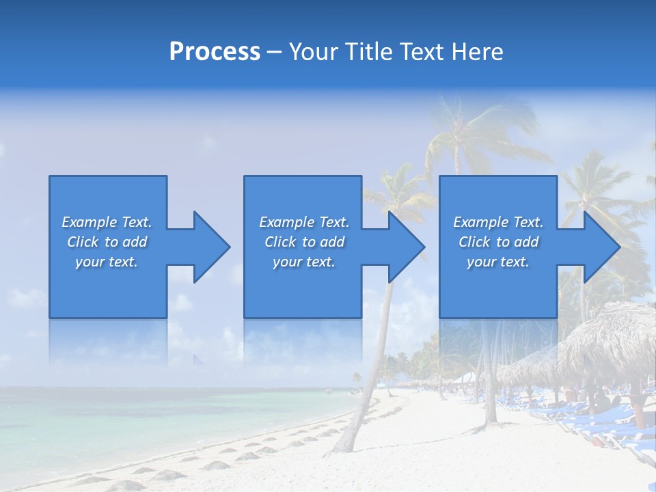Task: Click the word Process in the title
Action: pyautogui.click(x=215, y=52)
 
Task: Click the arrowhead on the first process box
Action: pyautogui.click(x=208, y=247)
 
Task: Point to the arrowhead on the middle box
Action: pyautogui.click(x=404, y=247)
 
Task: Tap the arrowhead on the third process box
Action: pyautogui.click(x=599, y=247)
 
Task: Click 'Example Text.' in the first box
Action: pyautogui.click(x=107, y=222)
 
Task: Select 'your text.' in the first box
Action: pyautogui.click(x=107, y=262)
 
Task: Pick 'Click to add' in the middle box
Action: pyautogui.click(x=304, y=242)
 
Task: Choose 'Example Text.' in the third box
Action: pyautogui.click(x=498, y=222)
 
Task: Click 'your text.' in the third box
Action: pyautogui.click(x=498, y=262)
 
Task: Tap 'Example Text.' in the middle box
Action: pyautogui.click(x=304, y=222)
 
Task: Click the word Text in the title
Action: pyautogui.click(x=421, y=52)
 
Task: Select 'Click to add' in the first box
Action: pyautogui.click(x=107, y=242)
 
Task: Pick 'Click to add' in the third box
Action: pyautogui.click(x=498, y=242)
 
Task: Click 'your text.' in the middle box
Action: pyautogui.click(x=304, y=262)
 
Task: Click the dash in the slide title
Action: pyautogui.click(x=275, y=52)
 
